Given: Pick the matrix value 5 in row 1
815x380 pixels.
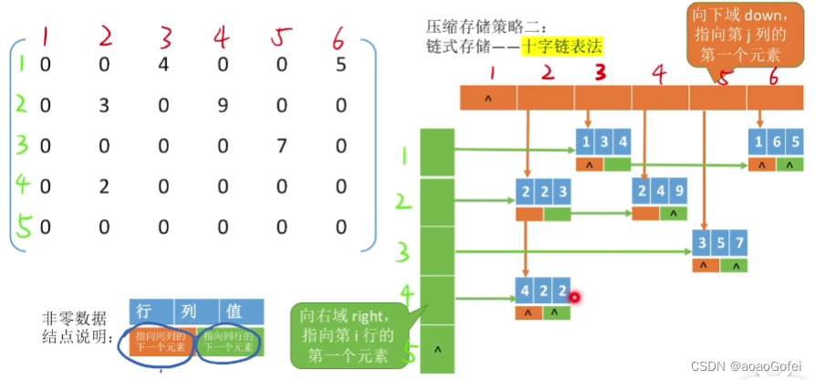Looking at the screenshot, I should coord(340,65).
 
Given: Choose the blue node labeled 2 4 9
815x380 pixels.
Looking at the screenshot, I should coord(659,192).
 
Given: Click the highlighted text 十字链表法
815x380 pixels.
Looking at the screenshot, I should coord(562,45).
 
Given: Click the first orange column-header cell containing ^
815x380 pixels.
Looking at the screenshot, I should coord(488,97).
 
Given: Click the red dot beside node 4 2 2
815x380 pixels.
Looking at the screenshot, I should coord(575,295).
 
